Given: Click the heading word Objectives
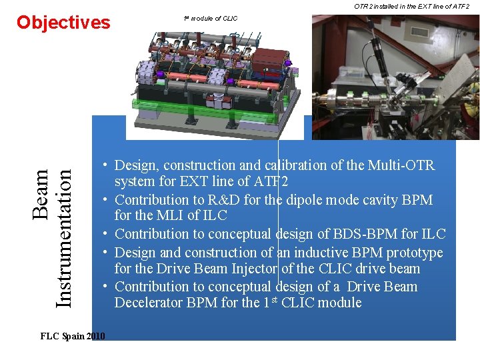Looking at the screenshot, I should pos(63,23).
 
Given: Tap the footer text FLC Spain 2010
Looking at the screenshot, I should pos(73,336).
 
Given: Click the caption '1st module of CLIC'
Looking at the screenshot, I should pos(211,18).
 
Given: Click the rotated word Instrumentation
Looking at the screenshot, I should pos(63,237).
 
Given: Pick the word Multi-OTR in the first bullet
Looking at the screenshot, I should pos(402,165).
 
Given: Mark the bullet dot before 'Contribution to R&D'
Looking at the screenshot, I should pos(105,199).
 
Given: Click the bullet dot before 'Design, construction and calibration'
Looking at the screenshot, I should pos(105,165).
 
